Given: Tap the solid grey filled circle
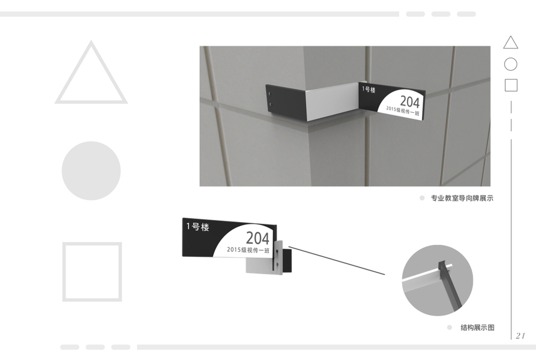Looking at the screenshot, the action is pos(91,171).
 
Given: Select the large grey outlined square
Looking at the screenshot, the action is pos(64,272).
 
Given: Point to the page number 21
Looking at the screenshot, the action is pos(520,335).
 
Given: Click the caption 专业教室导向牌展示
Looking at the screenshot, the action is pos(462,198).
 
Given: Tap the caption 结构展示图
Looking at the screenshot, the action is pos(477,328).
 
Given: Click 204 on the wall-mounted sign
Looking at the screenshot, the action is pos(409,102).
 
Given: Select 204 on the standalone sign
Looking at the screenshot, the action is pos(257,238).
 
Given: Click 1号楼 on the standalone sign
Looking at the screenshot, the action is pos(197,226).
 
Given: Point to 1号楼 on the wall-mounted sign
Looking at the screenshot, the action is pos(369,89).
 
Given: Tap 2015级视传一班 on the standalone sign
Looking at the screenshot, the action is pos(248,250).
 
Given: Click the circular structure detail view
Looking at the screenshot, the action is pos(438,280).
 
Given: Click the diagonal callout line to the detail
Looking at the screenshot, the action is pos(337,260).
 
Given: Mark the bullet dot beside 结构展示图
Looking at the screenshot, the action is pos(450,328).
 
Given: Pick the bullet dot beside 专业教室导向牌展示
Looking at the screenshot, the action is pos(422,198).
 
